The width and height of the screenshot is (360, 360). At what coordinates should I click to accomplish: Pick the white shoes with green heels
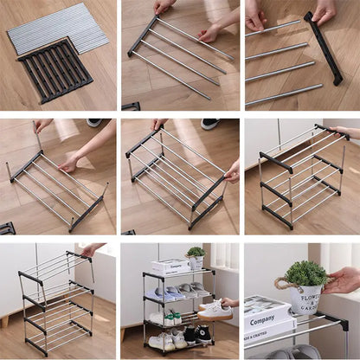pyautogui.click(x=170, y=317)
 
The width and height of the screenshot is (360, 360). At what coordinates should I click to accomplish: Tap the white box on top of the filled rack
pyautogui.click(x=170, y=265)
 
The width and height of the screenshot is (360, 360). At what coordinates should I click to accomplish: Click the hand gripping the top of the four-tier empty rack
pyautogui.click(x=88, y=250)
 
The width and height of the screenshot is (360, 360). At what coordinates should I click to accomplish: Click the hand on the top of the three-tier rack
pyautogui.click(x=344, y=132)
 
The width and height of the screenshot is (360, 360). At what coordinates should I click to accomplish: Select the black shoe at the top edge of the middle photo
pyautogui.click(x=211, y=124)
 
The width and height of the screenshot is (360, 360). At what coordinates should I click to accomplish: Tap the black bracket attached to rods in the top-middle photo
pyautogui.click(x=142, y=35)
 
